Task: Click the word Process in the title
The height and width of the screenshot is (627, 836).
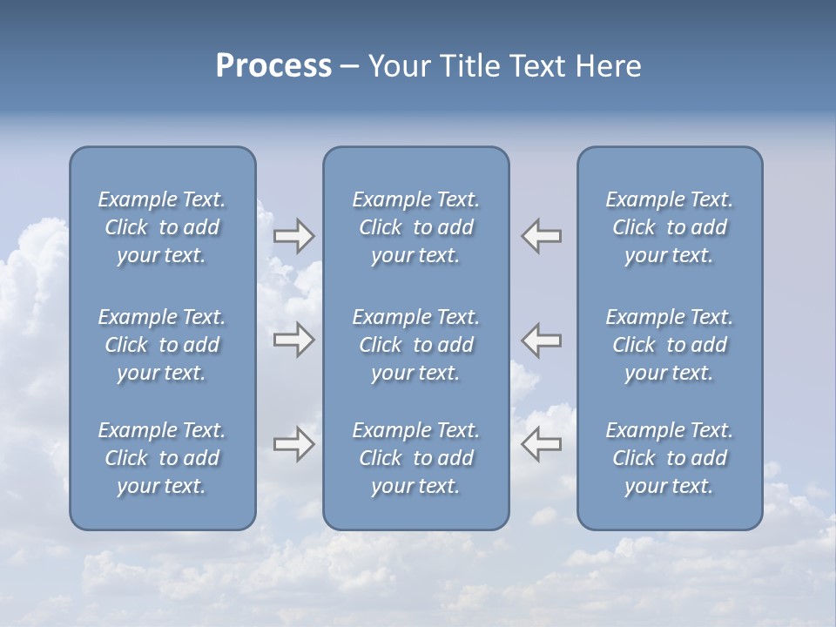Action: [x=273, y=66]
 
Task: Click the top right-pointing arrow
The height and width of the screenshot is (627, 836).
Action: [x=293, y=236]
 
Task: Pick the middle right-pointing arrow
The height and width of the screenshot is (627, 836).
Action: [x=293, y=340]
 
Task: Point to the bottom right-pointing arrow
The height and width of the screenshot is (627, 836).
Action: [x=293, y=445]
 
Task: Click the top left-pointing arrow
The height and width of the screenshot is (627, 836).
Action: [x=542, y=236]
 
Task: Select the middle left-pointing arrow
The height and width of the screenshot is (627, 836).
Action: [x=542, y=340]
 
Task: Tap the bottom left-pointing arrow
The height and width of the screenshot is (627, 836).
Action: [x=542, y=445]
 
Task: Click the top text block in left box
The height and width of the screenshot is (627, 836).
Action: [x=162, y=227]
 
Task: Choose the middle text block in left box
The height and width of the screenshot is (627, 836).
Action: [x=162, y=345]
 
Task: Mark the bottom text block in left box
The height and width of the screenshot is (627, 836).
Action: [x=162, y=458]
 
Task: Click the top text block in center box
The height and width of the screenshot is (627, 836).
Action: [x=416, y=227]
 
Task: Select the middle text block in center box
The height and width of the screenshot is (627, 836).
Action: [x=416, y=345]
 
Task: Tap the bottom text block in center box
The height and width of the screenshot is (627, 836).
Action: [x=416, y=458]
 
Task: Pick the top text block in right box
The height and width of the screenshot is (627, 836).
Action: [x=670, y=227]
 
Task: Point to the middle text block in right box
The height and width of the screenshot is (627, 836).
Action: [x=670, y=345]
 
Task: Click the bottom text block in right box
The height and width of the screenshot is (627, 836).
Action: [x=670, y=458]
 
